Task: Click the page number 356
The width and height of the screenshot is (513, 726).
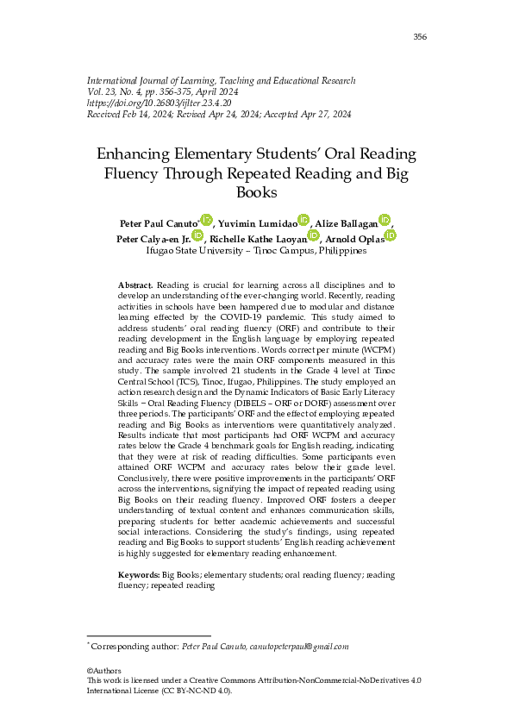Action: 420,36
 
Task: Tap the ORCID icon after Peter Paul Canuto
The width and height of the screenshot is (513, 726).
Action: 206,221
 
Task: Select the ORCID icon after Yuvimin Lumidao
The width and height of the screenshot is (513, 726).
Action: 303,221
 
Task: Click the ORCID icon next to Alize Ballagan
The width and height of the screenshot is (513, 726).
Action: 385,221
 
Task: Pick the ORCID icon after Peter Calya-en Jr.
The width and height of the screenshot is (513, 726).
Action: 197,235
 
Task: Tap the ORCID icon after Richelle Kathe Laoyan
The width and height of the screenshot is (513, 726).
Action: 313,235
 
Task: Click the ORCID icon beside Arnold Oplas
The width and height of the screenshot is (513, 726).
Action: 390,235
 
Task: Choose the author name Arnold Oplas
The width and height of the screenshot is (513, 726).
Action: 355,238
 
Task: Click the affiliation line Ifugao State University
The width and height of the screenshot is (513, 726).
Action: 256,251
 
